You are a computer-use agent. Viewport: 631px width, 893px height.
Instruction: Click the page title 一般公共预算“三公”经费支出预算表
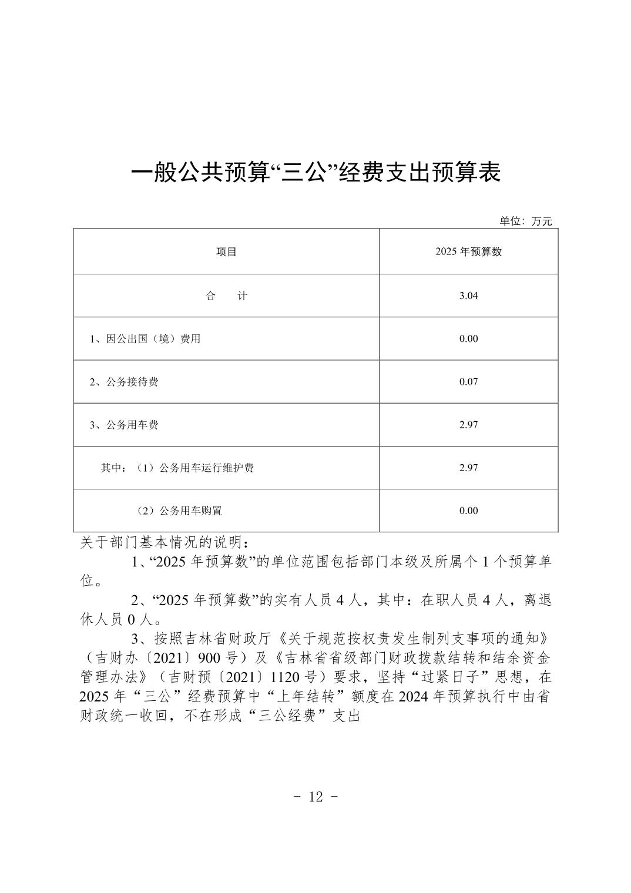315,172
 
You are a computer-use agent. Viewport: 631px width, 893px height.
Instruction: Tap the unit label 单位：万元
525,221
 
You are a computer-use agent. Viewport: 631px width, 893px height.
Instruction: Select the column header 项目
226,252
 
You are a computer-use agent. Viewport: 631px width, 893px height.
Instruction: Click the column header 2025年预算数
468,252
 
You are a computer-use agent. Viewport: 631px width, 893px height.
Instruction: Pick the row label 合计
226,296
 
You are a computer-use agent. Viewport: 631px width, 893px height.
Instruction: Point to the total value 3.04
468,296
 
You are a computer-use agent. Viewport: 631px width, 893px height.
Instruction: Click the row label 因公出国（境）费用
145,339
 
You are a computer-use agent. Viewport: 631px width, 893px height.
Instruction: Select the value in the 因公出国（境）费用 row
468,339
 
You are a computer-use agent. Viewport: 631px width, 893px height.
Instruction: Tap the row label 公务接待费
124,382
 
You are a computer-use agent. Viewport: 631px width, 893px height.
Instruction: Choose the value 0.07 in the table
468,382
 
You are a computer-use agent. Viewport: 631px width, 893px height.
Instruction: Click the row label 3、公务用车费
124,425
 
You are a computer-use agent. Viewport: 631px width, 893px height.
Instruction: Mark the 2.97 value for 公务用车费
468,425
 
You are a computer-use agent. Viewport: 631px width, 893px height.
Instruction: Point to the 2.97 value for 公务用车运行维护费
468,468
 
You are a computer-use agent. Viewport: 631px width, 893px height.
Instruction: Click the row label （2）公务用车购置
180,511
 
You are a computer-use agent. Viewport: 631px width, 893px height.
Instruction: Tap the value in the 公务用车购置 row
468,511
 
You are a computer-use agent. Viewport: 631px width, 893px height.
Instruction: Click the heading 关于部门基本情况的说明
167,542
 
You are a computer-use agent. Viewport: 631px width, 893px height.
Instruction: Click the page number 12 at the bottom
315,797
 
